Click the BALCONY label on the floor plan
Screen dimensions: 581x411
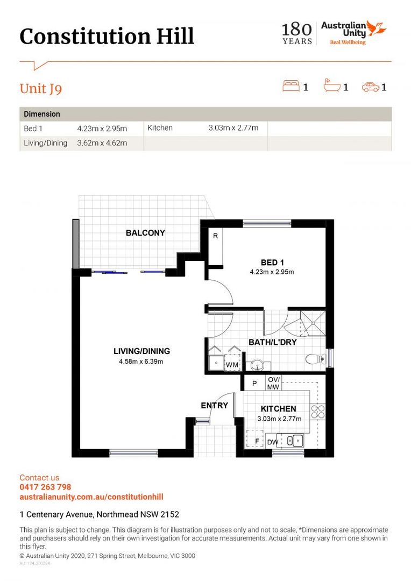click(145, 233)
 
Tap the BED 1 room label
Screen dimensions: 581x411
click(272, 263)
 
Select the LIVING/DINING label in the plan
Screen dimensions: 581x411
click(141, 351)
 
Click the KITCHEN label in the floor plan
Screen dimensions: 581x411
click(278, 409)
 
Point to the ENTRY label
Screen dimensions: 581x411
click(215, 405)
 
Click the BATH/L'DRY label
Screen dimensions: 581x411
click(272, 342)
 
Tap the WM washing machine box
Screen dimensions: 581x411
click(232, 365)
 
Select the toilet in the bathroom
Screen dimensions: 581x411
click(314, 359)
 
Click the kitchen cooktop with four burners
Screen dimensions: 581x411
click(318, 412)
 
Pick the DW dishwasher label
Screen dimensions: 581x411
click(273, 442)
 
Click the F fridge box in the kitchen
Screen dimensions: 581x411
click(256, 440)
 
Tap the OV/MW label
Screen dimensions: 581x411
click(273, 384)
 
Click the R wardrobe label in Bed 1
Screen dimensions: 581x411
click(215, 236)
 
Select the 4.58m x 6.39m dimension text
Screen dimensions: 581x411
click(141, 362)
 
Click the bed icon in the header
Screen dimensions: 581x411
click(291, 86)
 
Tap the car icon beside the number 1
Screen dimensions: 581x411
click(370, 87)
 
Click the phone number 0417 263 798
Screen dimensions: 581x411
click(45, 487)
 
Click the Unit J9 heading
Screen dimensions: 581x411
click(41, 88)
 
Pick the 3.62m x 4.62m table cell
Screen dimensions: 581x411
click(102, 143)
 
